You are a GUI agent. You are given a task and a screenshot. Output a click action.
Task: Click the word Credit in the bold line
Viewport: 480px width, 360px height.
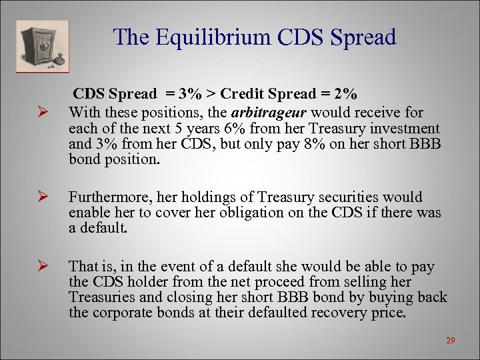[244, 94]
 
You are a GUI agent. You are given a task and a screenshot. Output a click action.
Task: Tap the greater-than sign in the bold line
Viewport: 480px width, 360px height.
[210, 94]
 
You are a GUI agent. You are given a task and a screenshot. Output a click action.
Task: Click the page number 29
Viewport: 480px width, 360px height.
[450, 341]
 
